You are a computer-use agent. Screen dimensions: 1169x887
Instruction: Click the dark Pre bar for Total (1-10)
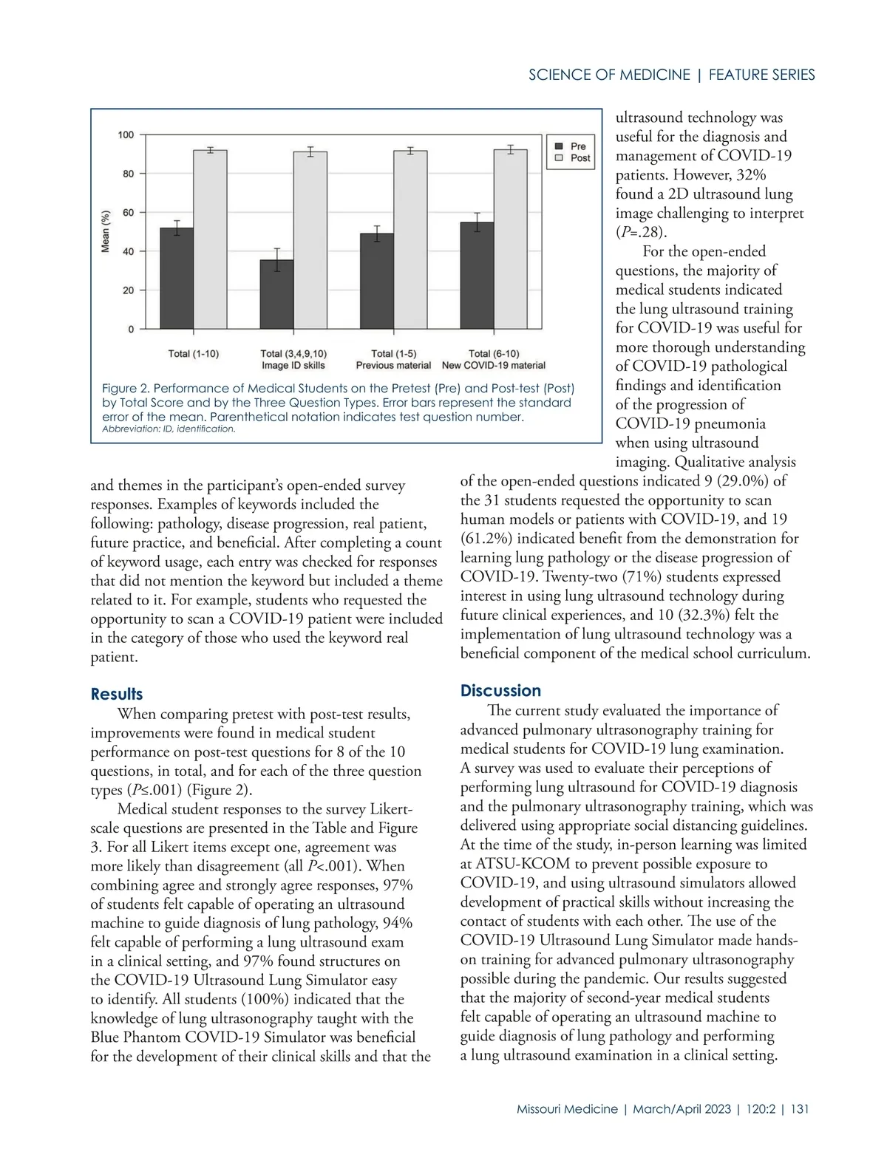(x=177, y=278)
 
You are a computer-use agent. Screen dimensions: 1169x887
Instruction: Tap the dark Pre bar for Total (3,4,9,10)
(x=276, y=294)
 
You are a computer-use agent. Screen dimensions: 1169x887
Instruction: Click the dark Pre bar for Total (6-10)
(x=477, y=275)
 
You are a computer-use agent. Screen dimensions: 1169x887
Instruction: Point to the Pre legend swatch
(x=560, y=146)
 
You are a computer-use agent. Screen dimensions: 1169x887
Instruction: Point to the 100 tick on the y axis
(x=126, y=135)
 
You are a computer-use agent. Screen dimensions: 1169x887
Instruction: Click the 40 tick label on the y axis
(x=129, y=252)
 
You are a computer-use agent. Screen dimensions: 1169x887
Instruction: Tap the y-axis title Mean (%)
(x=106, y=231)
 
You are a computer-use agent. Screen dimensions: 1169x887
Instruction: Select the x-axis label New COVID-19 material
(x=493, y=365)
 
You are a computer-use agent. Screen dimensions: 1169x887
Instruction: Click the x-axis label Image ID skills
(x=293, y=365)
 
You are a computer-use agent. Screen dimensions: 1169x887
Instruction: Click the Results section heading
(x=117, y=695)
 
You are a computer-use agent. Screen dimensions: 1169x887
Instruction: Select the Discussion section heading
(x=500, y=691)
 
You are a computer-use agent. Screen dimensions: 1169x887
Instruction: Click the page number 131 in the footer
(x=800, y=1109)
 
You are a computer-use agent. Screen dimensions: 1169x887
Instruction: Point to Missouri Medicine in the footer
(x=567, y=1109)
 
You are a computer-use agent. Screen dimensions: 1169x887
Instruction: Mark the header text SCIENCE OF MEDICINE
(x=609, y=75)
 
